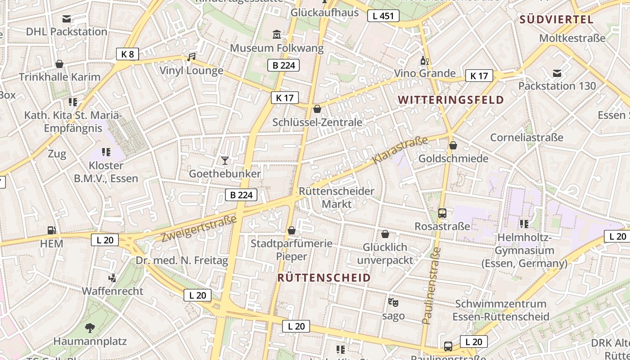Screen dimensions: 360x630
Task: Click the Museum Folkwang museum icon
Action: [x=276, y=34]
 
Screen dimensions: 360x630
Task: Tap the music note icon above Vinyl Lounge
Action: [x=191, y=57]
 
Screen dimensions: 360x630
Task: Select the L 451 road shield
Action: [x=383, y=16]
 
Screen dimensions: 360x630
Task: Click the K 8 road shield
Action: [x=127, y=54]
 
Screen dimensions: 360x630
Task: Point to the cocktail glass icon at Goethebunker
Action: [x=225, y=160]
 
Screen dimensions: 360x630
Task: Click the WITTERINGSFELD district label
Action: [x=450, y=100]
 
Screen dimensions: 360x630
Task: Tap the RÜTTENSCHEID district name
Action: [x=324, y=278]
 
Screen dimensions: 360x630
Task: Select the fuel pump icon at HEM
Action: [x=51, y=230]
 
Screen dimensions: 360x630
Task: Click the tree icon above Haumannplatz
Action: [x=90, y=328]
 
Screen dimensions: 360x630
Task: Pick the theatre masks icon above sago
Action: [x=393, y=302]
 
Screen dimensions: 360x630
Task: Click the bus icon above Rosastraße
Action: [x=442, y=213]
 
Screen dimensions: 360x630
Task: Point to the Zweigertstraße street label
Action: [x=198, y=229]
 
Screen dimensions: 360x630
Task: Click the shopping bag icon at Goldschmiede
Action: [x=453, y=145]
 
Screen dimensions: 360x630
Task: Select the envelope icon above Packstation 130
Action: [x=557, y=73]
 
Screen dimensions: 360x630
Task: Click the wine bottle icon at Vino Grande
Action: [x=424, y=60]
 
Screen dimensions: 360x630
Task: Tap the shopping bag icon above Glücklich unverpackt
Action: [x=385, y=234]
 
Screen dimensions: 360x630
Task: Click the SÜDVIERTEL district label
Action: [x=556, y=19]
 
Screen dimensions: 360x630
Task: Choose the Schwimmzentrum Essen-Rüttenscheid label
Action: [x=500, y=310]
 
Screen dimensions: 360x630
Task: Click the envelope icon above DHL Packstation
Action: [x=67, y=19]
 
